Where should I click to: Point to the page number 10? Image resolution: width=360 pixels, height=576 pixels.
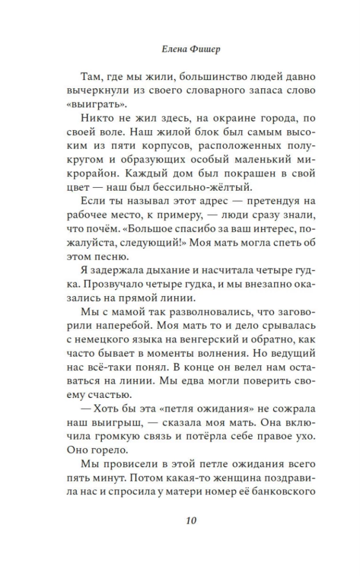click(x=192, y=521)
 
